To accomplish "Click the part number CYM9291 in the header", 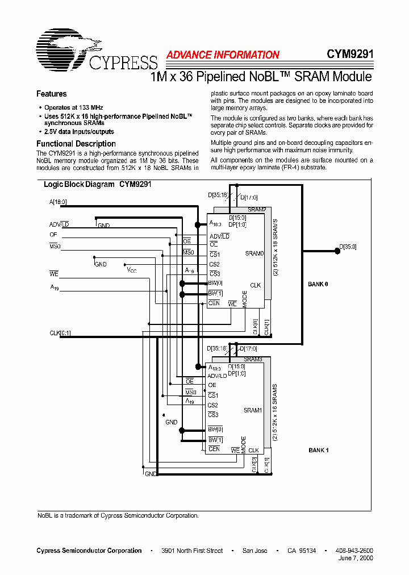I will pyautogui.click(x=349, y=55).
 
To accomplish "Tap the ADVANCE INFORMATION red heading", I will pyautogui.click(x=223, y=55).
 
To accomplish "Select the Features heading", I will pyautogui.click(x=51, y=94).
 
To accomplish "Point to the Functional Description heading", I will pyautogui.click(x=76, y=144).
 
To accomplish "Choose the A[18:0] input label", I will pyautogui.click(x=59, y=202).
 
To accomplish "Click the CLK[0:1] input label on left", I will pyautogui.click(x=60, y=333).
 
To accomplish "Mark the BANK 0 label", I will pyautogui.click(x=318, y=284).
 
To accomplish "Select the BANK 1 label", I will pyautogui.click(x=319, y=450).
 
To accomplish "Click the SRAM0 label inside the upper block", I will pyautogui.click(x=254, y=253).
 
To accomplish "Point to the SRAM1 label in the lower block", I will pyautogui.click(x=253, y=410).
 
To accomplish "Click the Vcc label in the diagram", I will pyautogui.click(x=132, y=270).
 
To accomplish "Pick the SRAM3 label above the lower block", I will pyautogui.click(x=253, y=359).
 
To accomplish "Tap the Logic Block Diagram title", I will pyautogui.click(x=97, y=185).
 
